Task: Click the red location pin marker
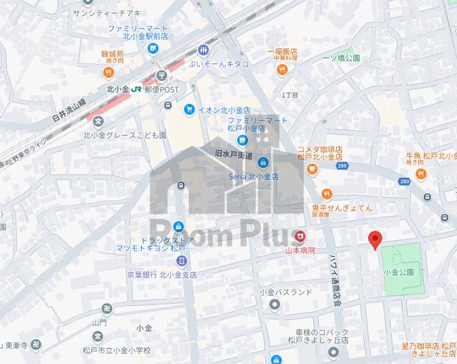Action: (376, 239)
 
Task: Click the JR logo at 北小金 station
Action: (137, 89)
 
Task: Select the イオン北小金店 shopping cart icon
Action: (189, 109)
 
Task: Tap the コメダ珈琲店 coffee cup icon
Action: (312, 169)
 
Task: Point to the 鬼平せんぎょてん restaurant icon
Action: (327, 194)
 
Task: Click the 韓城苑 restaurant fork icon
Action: (108, 73)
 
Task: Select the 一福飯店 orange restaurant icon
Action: (281, 70)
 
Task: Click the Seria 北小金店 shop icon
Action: (263, 162)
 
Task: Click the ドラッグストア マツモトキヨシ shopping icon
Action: (178, 227)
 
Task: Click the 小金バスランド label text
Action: (286, 292)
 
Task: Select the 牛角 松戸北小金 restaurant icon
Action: (421, 175)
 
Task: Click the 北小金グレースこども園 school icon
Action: (98, 122)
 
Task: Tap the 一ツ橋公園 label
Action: (341, 58)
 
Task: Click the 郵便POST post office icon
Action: (161, 76)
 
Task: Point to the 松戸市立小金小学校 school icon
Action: (98, 336)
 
